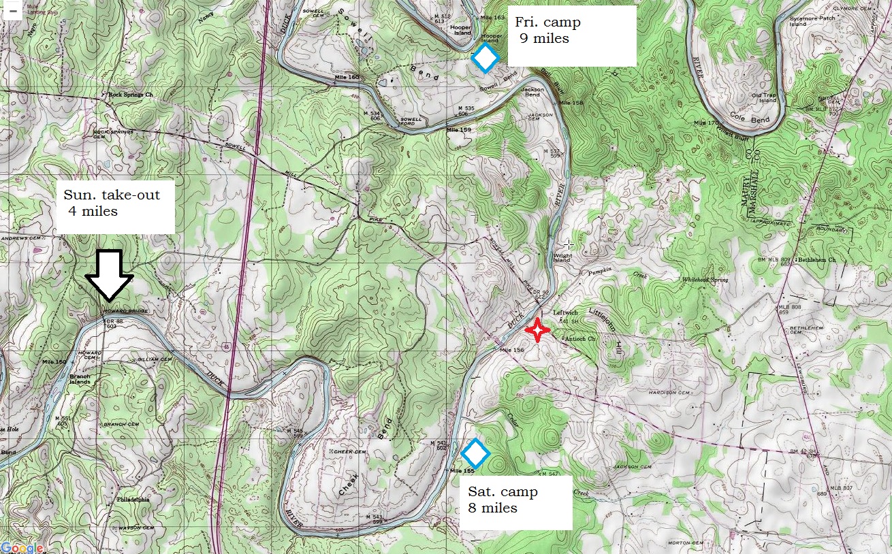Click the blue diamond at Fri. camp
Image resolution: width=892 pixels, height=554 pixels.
485,59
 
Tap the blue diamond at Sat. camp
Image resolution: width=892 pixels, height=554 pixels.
475,453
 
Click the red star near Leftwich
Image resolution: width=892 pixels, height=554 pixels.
537,330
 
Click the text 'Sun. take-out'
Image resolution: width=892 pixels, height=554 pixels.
112,195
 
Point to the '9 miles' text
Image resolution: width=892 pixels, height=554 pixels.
544,39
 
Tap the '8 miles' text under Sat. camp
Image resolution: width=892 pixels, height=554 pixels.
492,508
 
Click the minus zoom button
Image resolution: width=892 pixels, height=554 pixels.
12,10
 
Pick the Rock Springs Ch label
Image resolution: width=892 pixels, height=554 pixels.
131,95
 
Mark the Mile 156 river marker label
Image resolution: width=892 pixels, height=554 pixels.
512,350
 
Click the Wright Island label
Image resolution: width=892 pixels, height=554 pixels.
561,257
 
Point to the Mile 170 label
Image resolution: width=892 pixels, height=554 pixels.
706,123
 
